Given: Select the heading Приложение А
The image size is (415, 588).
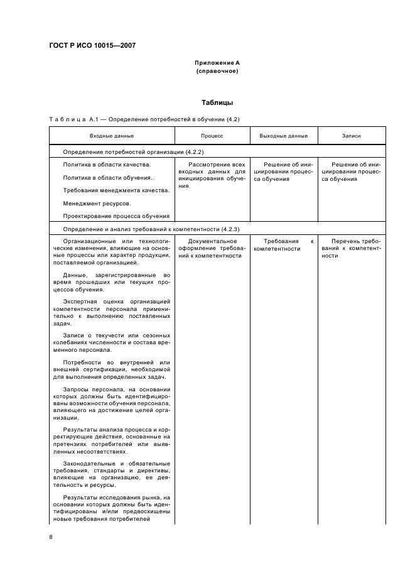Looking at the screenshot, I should point(217,63).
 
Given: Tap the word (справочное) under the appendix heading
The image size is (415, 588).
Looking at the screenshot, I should point(217,71).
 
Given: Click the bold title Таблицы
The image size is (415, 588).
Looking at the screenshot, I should point(217,102).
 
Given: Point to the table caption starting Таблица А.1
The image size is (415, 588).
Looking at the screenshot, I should point(144,119).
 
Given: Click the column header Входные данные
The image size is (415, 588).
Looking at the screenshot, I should point(112,136).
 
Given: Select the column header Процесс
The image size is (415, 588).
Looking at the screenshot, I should point(212,136).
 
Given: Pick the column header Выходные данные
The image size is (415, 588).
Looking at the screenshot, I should point(283,136).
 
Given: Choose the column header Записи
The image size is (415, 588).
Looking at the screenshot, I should point(351,136).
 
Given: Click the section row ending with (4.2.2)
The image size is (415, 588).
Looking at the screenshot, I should point(133,152).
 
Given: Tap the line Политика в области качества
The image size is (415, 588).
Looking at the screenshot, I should point(107,165).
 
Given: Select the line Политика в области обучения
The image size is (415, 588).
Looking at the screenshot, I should point(107,178).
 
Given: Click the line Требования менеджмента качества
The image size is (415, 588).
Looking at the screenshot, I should point(116,190).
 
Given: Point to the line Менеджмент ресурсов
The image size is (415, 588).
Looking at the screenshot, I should point(97,204).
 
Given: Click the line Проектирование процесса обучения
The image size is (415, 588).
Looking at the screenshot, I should point(117,216).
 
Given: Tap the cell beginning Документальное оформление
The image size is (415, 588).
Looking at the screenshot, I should point(212,248).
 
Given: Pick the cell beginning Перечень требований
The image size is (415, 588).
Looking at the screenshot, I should point(351,248).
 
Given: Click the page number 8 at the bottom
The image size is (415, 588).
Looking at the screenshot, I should point(51,537).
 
